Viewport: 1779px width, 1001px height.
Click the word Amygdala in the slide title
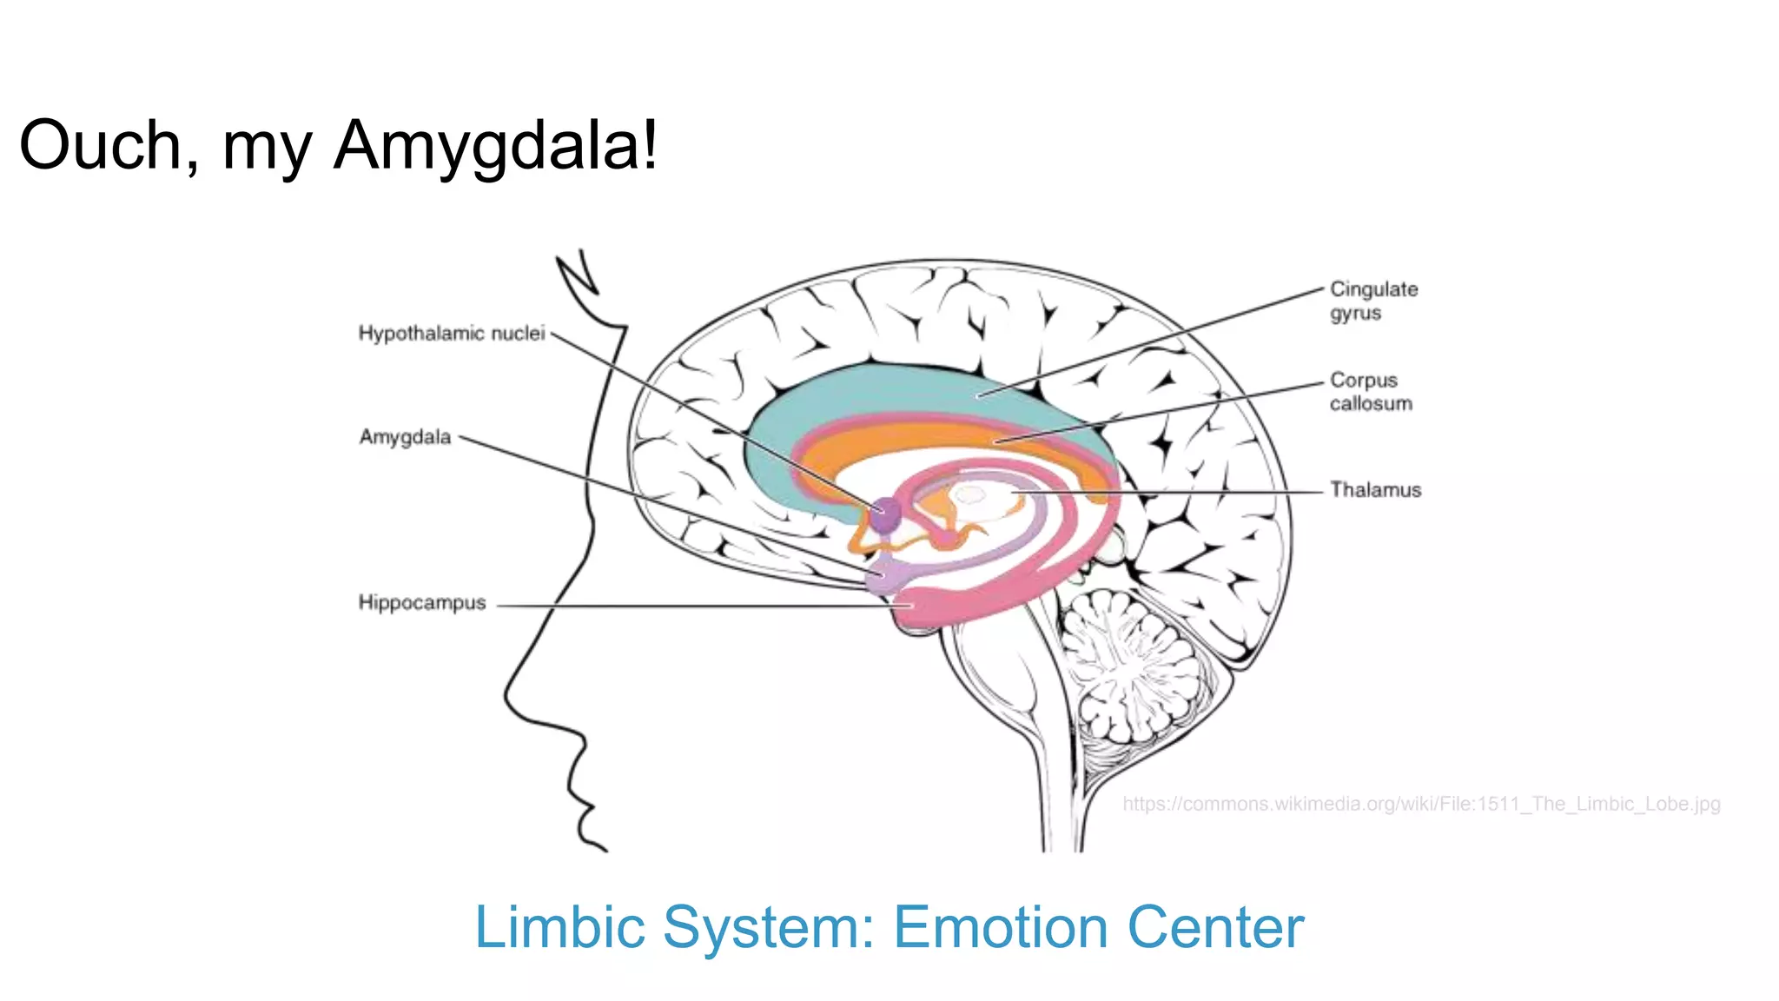495,146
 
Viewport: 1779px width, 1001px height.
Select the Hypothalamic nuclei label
451,334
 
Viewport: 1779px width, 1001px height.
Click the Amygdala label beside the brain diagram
405,437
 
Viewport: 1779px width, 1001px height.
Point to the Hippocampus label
421,603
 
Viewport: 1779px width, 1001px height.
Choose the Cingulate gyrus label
1372,301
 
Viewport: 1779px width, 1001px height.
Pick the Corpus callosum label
1370,392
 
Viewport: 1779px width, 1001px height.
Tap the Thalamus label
1375,490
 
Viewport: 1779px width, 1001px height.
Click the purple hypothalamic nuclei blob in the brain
885,514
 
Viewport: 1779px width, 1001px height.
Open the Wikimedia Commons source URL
1420,804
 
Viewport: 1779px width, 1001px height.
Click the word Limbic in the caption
559,927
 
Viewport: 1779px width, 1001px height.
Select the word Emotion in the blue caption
1000,927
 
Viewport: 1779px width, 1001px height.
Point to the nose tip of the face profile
506,695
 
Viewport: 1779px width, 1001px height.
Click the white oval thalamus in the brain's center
969,496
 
